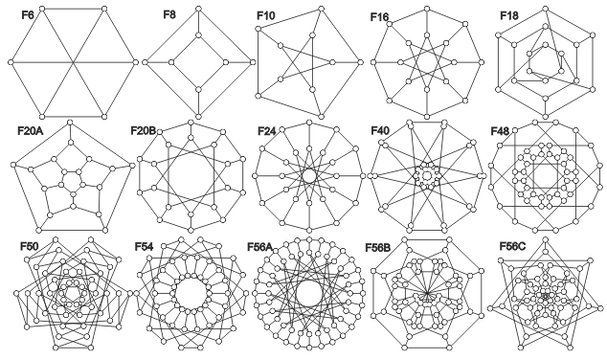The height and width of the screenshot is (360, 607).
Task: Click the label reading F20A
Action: tap(31, 128)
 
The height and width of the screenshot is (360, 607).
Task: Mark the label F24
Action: tap(269, 128)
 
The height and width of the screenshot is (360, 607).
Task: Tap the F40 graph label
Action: tap(381, 128)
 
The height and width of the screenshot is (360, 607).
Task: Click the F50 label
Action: tap(30, 247)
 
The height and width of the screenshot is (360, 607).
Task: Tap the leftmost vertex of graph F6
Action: tap(11, 62)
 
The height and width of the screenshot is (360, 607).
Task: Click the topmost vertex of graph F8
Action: tap(197, 9)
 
